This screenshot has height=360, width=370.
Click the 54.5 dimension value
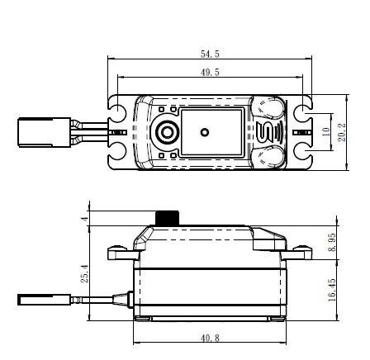pyautogui.click(x=210, y=54)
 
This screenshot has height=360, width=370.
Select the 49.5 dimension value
pyautogui.click(x=210, y=73)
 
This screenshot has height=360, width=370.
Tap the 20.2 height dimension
pyautogui.click(x=342, y=132)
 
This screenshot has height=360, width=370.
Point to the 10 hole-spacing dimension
pyautogui.click(x=325, y=132)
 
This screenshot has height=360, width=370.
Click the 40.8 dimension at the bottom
pyautogui.click(x=210, y=338)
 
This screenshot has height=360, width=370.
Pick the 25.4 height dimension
pyautogui.click(x=85, y=273)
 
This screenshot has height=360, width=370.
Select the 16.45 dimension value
pyautogui.click(x=332, y=290)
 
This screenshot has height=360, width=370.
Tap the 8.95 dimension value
pyautogui.click(x=332, y=242)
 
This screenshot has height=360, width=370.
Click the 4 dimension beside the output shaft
pyautogui.click(x=85, y=220)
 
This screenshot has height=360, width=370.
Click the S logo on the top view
pyautogui.click(x=263, y=132)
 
